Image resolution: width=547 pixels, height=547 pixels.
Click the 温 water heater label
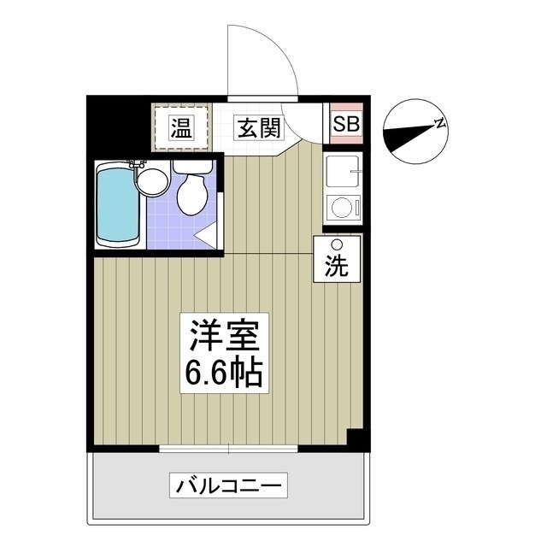(x=180, y=128)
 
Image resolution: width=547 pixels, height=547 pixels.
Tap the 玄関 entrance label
(x=258, y=128)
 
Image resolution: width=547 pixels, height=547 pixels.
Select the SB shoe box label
(x=346, y=124)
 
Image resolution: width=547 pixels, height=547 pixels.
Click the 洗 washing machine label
(x=337, y=267)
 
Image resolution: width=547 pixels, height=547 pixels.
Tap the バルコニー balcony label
(x=231, y=486)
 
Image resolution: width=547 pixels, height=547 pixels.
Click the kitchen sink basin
(x=343, y=174)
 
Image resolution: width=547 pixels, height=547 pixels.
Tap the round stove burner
(x=341, y=208)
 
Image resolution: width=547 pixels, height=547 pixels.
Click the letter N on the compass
(x=439, y=123)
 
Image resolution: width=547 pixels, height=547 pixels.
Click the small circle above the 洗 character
(x=337, y=246)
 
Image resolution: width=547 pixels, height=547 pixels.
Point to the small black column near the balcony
(x=356, y=437)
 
